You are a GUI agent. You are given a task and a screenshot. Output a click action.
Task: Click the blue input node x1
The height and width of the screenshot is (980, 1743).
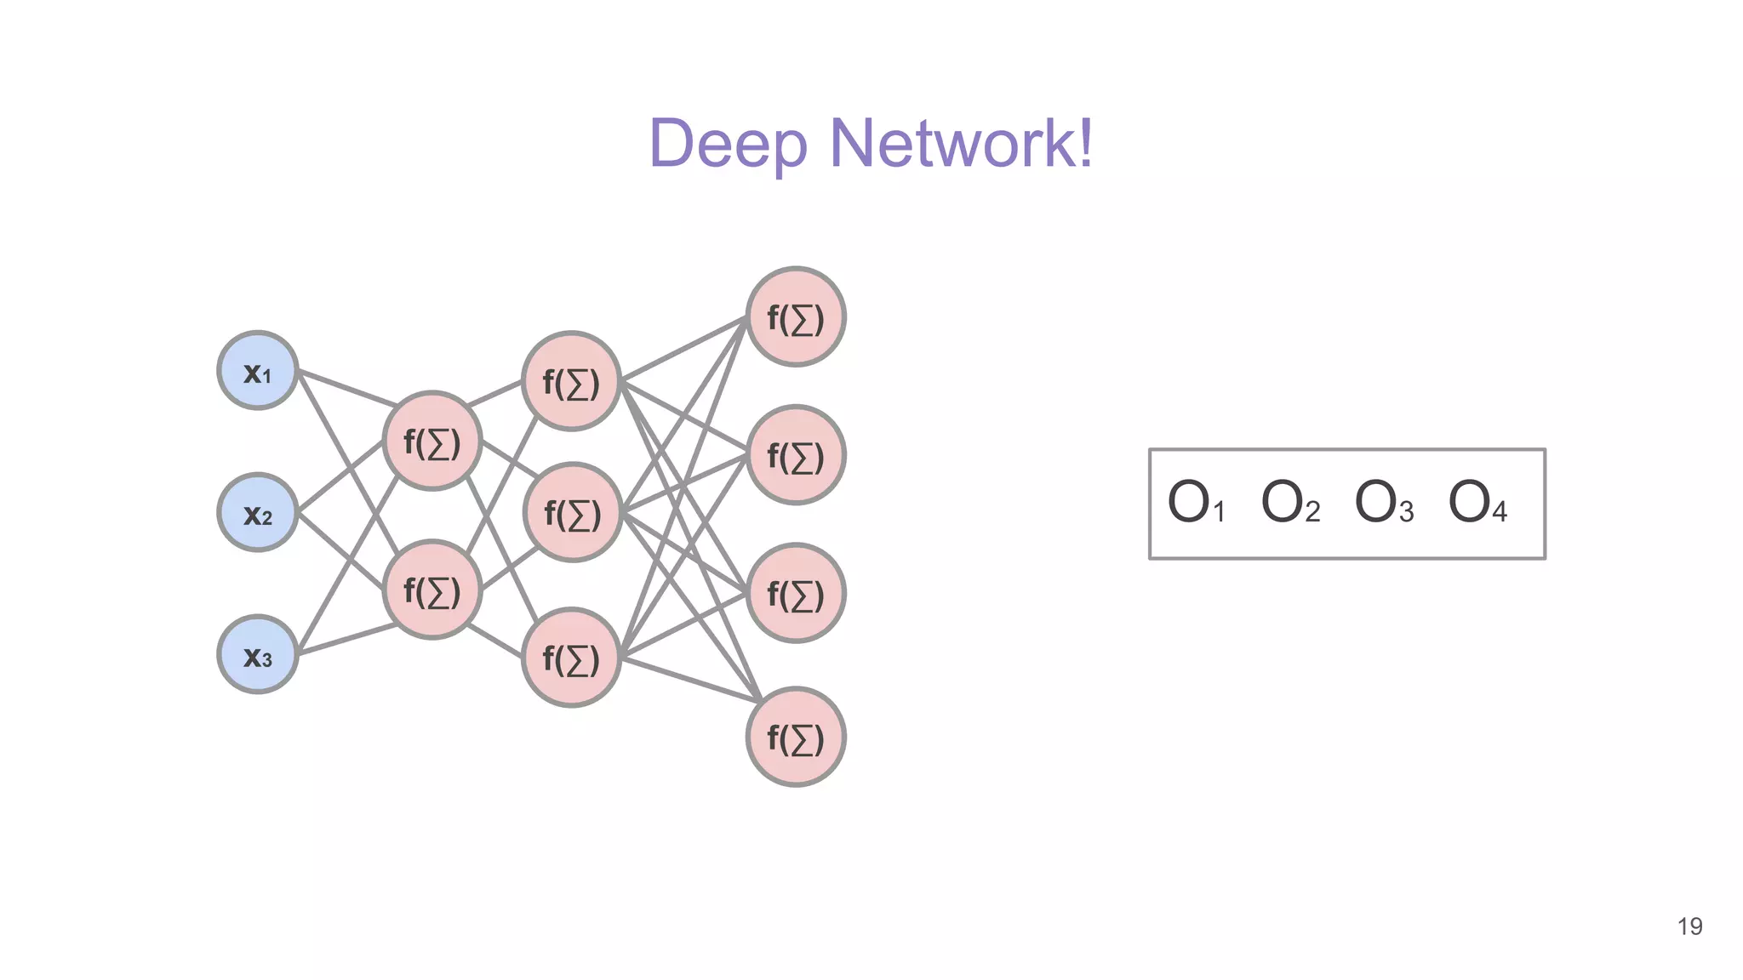257,371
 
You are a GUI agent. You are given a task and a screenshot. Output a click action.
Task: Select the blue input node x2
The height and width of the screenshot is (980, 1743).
257,513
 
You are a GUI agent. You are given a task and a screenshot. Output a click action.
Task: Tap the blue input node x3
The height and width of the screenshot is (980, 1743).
257,654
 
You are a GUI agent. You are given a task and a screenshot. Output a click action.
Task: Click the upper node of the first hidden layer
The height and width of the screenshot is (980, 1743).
432,442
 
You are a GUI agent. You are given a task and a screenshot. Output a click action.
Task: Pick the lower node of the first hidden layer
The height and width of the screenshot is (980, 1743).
432,590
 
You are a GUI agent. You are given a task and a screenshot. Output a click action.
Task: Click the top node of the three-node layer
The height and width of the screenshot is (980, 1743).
571,382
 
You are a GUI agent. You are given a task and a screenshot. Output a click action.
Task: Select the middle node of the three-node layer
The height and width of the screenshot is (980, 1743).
573,513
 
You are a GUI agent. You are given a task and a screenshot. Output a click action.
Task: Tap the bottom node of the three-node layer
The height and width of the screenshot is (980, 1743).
571,658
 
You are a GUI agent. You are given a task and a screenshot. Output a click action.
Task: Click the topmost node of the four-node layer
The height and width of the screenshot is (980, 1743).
796,317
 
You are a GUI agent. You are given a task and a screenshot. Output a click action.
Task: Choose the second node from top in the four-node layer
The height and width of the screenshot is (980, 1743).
796,455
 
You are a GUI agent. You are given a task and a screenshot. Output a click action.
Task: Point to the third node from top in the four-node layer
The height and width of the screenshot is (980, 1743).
796,593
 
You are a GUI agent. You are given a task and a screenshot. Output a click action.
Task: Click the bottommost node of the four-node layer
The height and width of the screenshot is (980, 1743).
796,737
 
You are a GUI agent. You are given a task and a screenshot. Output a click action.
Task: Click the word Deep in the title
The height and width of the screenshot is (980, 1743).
728,145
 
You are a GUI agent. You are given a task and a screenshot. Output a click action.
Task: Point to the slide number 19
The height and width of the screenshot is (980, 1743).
1689,926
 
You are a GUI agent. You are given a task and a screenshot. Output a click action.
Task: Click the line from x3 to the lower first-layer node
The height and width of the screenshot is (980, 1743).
346,640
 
